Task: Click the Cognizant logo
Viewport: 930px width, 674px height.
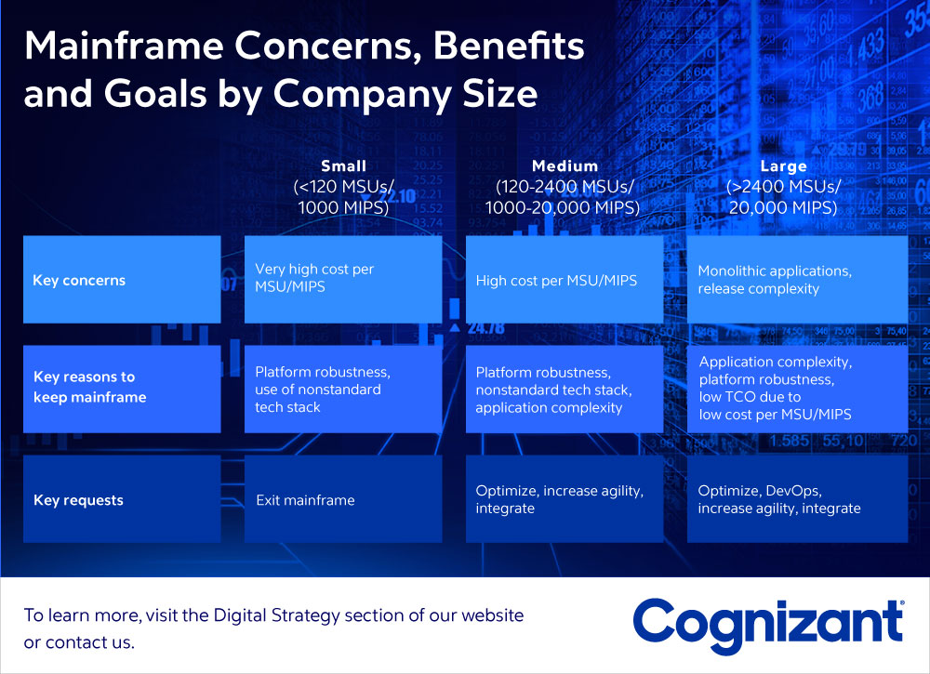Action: [769, 626]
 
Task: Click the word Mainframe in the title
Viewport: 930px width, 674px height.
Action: [124, 45]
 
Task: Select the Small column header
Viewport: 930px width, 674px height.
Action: [343, 166]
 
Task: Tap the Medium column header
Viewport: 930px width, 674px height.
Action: [565, 166]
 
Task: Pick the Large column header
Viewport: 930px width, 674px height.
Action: [783, 166]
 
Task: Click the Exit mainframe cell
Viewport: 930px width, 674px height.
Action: [343, 499]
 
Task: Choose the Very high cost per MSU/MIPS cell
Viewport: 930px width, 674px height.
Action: [343, 280]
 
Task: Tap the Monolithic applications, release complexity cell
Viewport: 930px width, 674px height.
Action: [797, 280]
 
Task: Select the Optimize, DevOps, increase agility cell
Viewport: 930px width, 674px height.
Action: [797, 499]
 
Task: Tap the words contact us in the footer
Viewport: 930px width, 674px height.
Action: [89, 642]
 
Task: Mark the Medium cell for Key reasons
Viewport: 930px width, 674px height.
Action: [565, 389]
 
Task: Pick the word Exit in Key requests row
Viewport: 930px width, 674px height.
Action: [268, 500]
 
